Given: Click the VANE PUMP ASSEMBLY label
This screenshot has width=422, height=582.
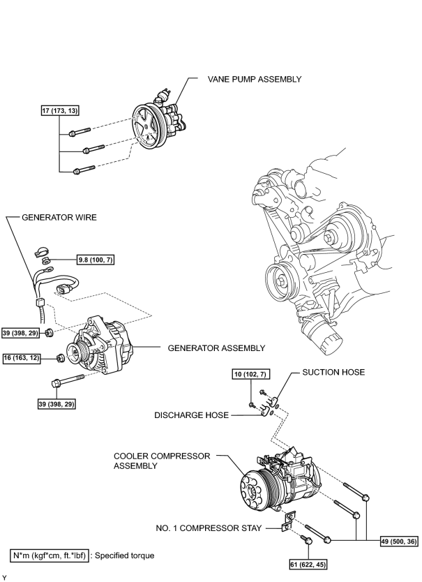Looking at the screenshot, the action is click(254, 79).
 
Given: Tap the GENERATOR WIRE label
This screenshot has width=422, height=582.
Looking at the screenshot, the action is click(59, 217).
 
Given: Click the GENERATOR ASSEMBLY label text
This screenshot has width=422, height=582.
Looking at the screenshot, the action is click(216, 348).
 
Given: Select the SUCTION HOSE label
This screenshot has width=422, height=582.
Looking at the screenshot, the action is click(333, 372).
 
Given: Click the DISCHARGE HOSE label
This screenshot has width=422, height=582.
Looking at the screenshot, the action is click(191, 415).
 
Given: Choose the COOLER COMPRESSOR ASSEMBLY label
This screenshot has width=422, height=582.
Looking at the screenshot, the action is click(162, 461).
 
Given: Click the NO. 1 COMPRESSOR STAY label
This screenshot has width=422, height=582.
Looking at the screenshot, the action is click(209, 528).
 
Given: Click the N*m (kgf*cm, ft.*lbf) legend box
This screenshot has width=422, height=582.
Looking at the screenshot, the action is click(50, 555).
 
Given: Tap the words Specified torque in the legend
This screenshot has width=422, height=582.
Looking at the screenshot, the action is click(124, 555).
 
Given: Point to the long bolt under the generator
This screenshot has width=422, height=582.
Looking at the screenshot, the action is click(68, 380).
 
